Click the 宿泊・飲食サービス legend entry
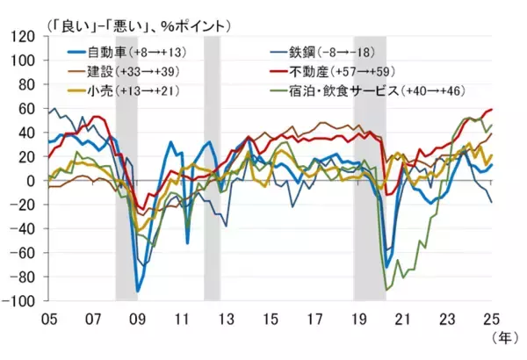pos(362,90)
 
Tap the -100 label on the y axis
pos(19,301)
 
